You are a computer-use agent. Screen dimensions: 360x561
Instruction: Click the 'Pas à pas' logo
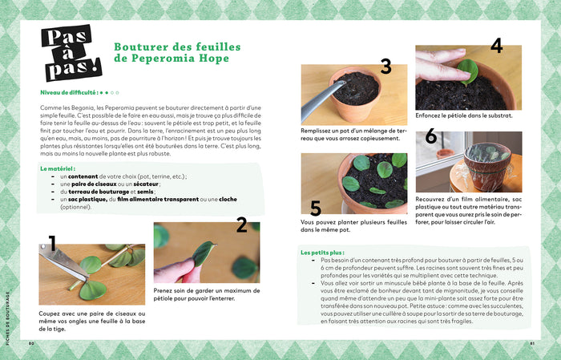70,55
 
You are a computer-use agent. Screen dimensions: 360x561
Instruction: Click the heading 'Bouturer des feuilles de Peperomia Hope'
172,53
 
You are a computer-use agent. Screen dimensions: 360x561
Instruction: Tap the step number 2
241,225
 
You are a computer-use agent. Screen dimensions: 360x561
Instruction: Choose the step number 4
496,46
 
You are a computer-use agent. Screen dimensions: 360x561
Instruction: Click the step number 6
431,137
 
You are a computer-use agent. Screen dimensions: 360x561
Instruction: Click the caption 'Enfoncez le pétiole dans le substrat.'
464,115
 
